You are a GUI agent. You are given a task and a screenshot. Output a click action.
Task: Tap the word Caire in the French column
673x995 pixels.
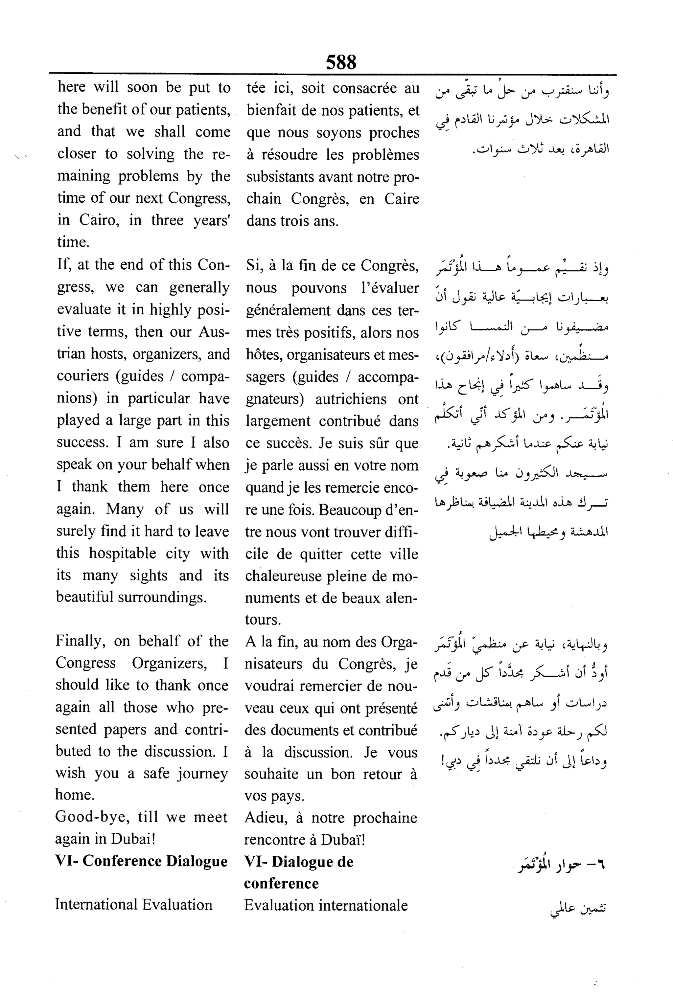pyautogui.click(x=401, y=199)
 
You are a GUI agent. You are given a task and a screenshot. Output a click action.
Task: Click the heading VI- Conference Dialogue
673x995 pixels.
pyautogui.click(x=141, y=861)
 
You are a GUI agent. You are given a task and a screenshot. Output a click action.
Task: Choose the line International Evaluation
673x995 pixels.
pyautogui.click(x=134, y=905)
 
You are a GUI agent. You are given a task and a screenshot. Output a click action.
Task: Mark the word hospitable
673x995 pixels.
pyautogui.click(x=122, y=553)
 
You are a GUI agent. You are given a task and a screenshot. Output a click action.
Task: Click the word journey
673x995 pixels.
pyautogui.click(x=200, y=773)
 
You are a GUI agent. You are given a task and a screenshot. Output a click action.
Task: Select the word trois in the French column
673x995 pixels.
pyautogui.click(x=296, y=221)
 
